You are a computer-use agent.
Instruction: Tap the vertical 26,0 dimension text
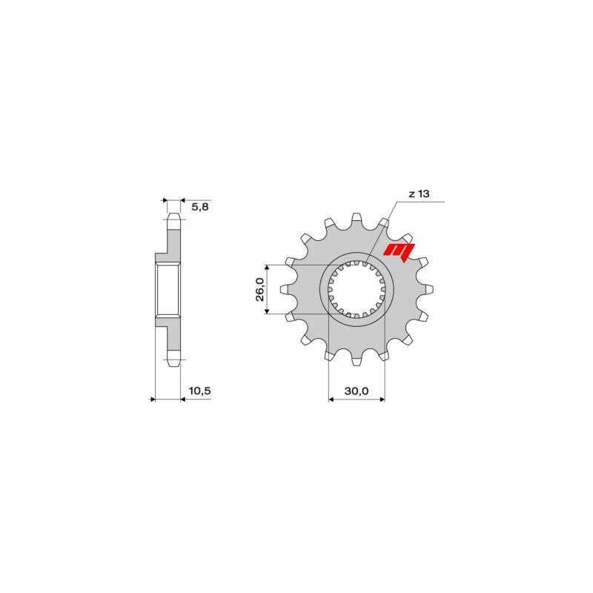click(259, 288)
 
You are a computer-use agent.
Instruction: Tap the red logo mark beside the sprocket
click(398, 253)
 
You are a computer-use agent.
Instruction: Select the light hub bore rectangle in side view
click(168, 289)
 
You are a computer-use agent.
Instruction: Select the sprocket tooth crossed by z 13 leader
click(384, 222)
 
